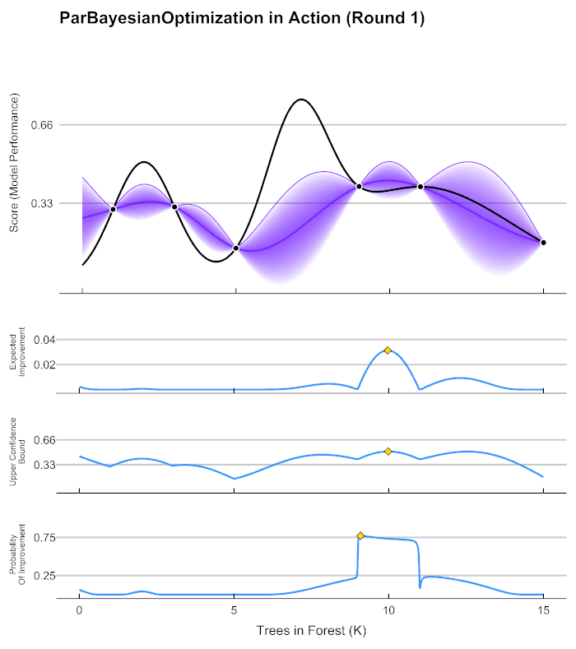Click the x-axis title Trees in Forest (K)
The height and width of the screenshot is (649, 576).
311,631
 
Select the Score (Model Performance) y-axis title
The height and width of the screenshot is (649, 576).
15,165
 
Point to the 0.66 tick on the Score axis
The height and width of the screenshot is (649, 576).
41,125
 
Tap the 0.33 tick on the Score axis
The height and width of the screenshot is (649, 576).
41,203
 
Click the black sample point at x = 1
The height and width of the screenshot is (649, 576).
113,210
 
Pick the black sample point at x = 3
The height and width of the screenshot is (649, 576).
174,206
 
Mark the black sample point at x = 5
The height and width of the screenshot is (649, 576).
236,248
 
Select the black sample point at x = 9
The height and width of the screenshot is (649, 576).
359,187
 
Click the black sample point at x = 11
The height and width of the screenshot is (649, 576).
420,187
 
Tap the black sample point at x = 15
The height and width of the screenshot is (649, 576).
543,242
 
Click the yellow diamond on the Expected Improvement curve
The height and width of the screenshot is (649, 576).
388,350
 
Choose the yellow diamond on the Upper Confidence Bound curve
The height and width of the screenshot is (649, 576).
388,451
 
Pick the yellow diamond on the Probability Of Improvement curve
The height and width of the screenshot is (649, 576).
360,535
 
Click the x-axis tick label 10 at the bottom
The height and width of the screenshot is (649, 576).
388,611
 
